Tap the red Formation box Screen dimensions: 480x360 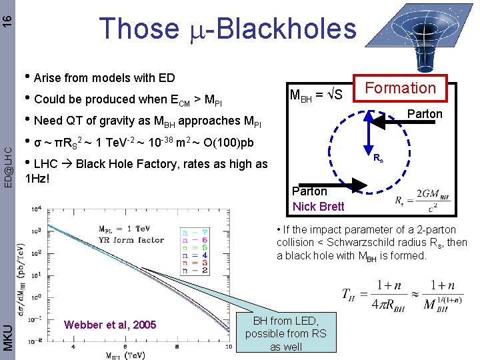pyautogui.click(x=400, y=88)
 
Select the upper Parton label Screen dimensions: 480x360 pyautogui.click(x=425, y=114)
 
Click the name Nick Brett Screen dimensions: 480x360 pyautogui.click(x=319, y=206)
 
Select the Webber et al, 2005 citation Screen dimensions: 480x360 pyautogui.click(x=110, y=325)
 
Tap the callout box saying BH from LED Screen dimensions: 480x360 pyautogui.click(x=286, y=333)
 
